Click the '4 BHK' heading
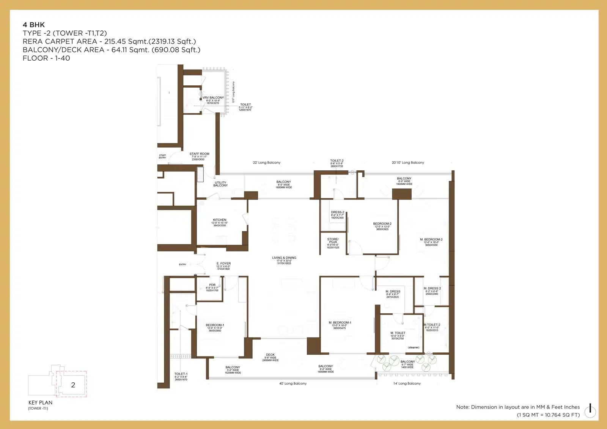pyautogui.click(x=34, y=25)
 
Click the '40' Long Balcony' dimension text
pyautogui.click(x=293, y=383)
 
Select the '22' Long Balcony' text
pyautogui.click(x=267, y=163)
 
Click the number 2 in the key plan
pyautogui.click(x=73, y=385)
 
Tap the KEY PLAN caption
pyautogui.click(x=40, y=402)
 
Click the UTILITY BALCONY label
pyautogui.click(x=220, y=184)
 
